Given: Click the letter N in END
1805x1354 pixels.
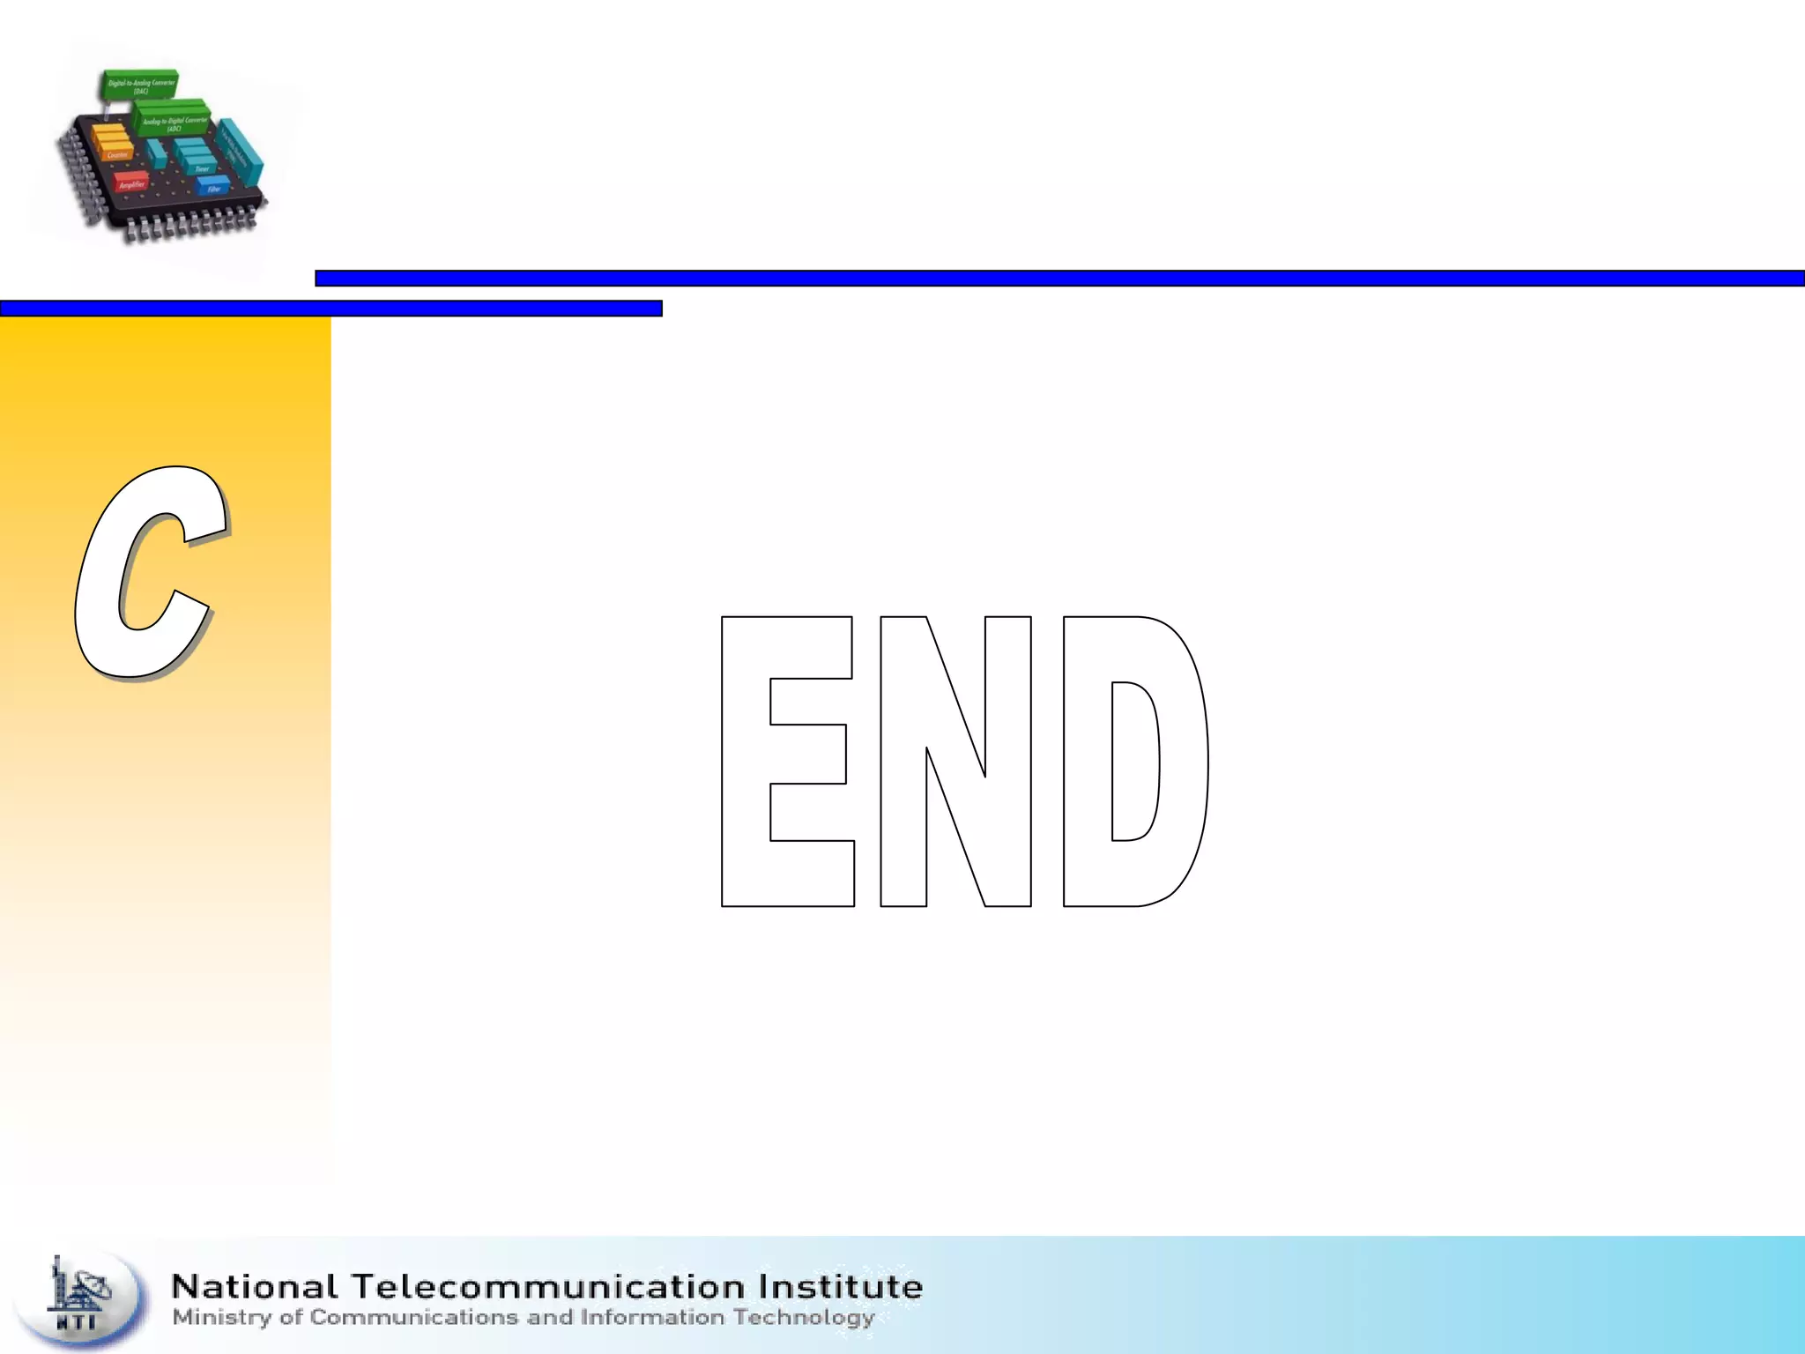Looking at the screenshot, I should [x=955, y=762].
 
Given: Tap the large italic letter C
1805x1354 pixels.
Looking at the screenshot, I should [x=150, y=573].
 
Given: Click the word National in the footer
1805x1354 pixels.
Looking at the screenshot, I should [x=255, y=1287].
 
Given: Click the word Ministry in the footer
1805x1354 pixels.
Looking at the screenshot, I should [x=221, y=1318].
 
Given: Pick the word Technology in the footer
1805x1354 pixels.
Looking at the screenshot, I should [x=803, y=1318].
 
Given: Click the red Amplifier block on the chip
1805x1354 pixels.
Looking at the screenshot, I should [x=131, y=182].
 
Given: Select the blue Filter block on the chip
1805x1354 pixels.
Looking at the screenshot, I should [x=212, y=186].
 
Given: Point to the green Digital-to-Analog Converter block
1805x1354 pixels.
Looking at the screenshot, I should [x=140, y=85].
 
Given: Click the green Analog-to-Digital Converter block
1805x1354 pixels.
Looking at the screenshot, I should [x=173, y=121].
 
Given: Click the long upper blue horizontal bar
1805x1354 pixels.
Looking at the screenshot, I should [x=1058, y=279].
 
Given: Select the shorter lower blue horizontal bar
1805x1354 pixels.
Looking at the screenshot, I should [x=331, y=309].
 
